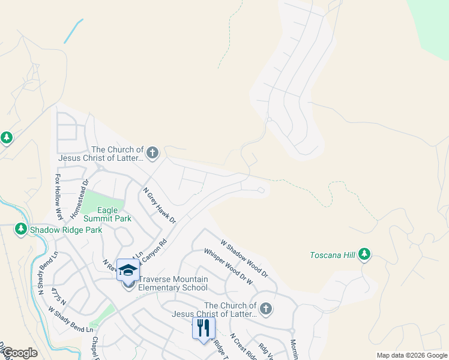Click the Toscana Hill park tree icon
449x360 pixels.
[364, 255]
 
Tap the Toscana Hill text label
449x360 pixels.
[333, 255]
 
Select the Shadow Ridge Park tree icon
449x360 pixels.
[21, 229]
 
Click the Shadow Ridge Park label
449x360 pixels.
[66, 230]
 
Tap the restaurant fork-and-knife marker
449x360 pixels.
[203, 328]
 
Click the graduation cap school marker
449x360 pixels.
[128, 270]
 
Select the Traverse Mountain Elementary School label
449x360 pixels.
[173, 283]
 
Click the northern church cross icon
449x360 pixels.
[152, 153]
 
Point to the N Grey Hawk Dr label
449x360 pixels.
[159, 206]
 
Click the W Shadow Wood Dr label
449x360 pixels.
[244, 258]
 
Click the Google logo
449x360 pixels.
[20, 353]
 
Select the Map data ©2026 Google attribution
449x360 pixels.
[411, 355]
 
